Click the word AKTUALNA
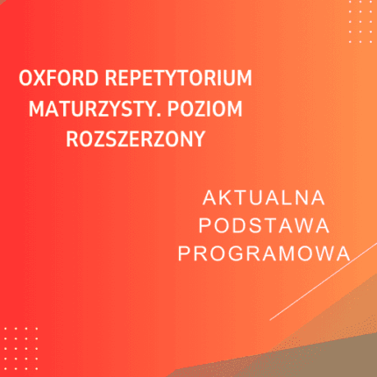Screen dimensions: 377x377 coord(264,196)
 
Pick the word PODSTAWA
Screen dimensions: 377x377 coord(264,224)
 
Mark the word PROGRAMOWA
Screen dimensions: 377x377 coord(264,253)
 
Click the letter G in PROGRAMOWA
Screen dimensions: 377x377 coord(240,253)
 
